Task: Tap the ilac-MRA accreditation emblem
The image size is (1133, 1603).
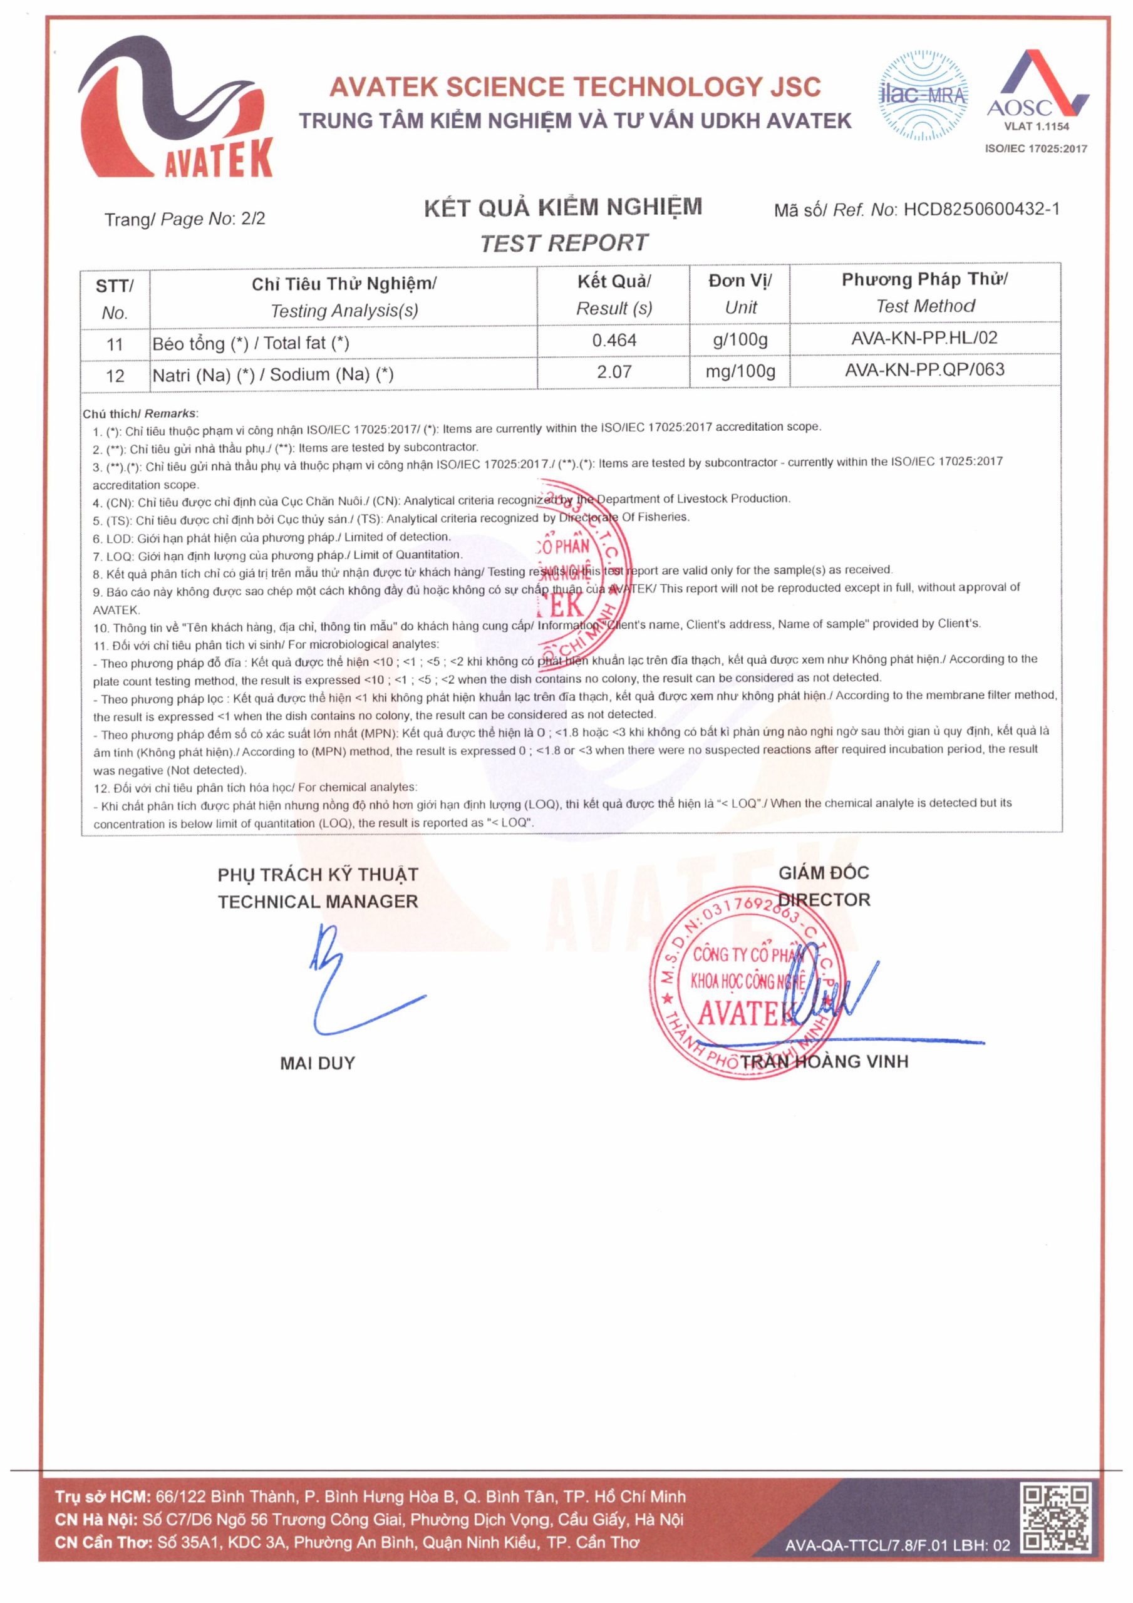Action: tap(923, 95)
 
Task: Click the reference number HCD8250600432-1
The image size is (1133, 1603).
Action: tap(981, 209)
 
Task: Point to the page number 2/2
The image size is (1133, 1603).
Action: tap(253, 219)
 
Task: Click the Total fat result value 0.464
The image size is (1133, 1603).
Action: tap(613, 341)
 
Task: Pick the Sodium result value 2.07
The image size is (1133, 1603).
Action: tap(613, 372)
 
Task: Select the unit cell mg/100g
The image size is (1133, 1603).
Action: tap(740, 371)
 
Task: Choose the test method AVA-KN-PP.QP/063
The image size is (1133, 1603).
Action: tap(924, 370)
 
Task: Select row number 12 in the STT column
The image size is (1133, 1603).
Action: tap(115, 376)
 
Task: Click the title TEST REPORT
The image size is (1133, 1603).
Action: tap(564, 243)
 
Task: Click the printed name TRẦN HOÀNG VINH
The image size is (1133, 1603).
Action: tap(824, 1062)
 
